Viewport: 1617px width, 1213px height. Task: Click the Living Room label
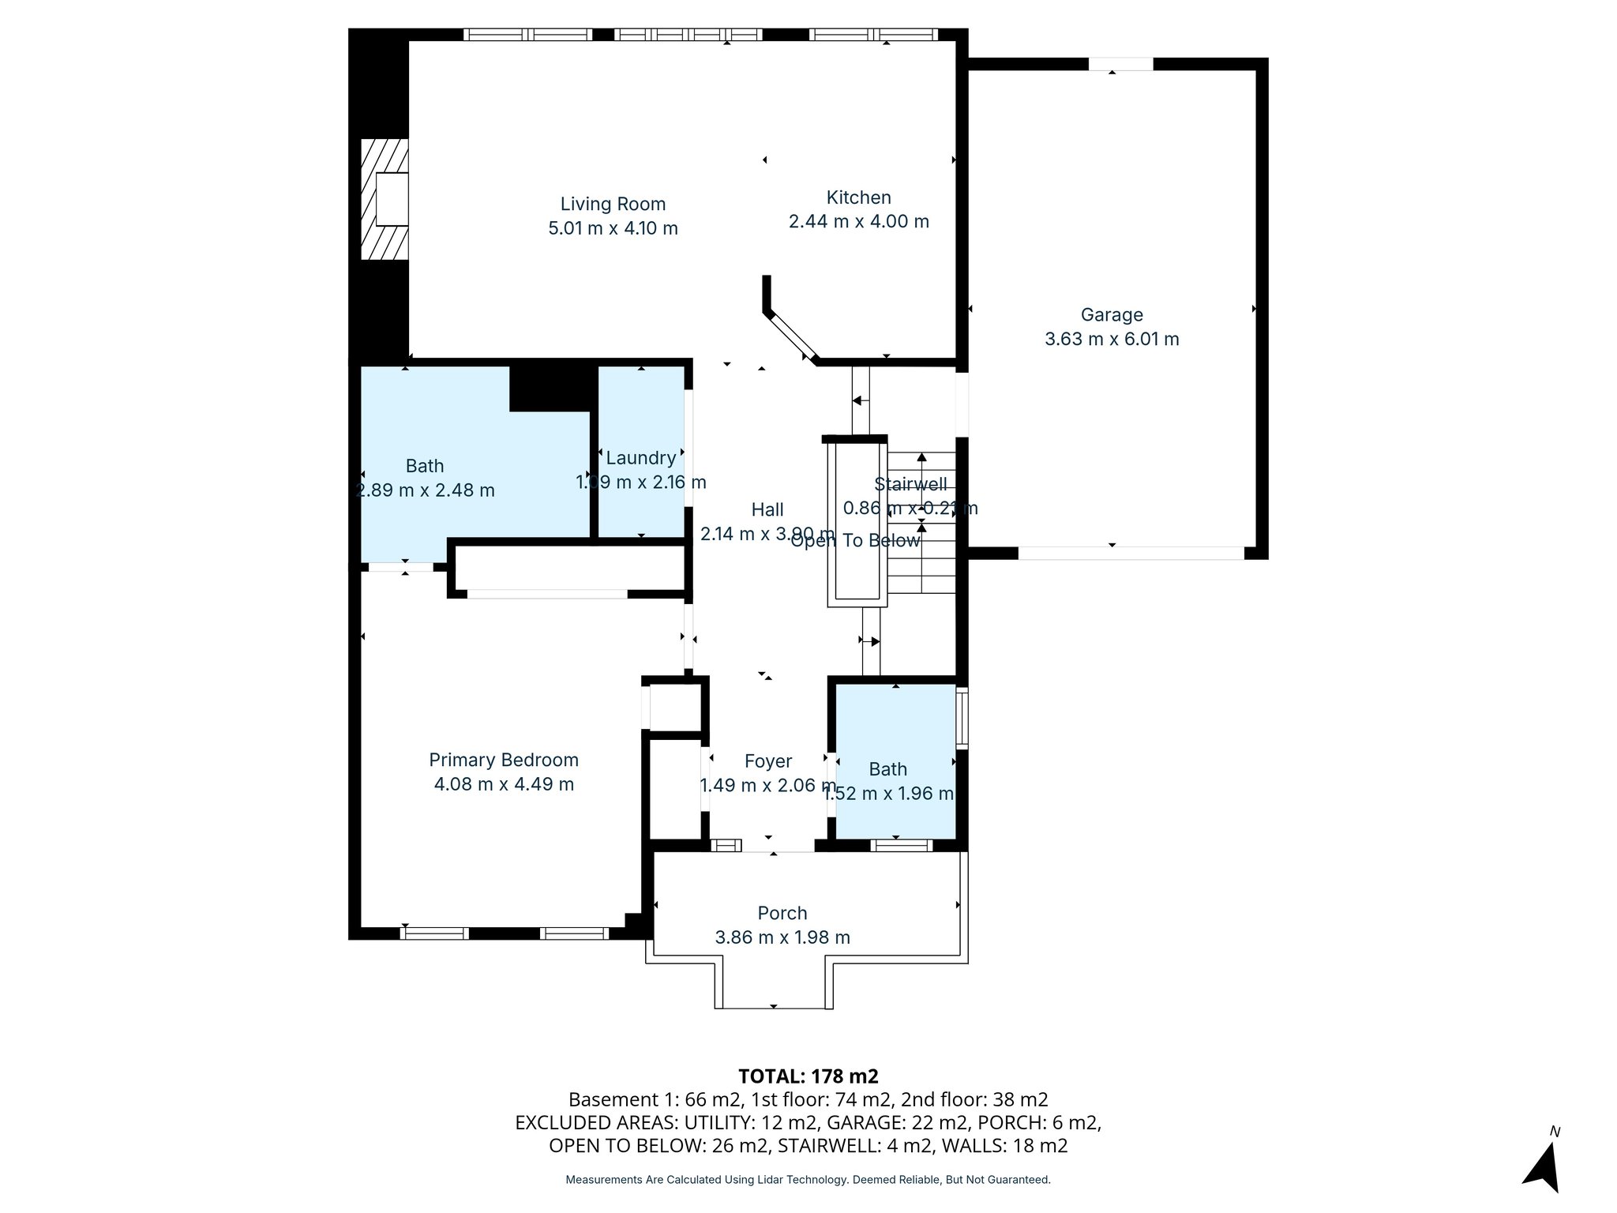click(x=613, y=204)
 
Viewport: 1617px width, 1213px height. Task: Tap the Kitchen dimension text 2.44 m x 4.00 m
click(x=858, y=222)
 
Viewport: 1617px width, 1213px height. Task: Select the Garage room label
click(x=1112, y=314)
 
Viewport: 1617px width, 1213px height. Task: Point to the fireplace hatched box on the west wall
click(x=385, y=199)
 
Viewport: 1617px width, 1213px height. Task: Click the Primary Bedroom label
click(x=504, y=760)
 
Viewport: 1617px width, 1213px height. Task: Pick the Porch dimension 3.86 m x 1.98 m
click(x=782, y=937)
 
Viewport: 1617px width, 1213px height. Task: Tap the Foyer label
click(x=767, y=761)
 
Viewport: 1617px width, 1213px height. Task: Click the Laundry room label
click(x=640, y=458)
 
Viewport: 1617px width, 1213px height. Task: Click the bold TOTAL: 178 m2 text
click(x=808, y=1076)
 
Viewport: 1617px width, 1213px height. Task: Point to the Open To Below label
click(x=855, y=541)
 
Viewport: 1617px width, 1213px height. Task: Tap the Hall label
click(x=767, y=509)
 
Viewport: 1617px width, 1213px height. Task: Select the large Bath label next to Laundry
click(x=425, y=466)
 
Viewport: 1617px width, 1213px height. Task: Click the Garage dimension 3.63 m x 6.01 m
click(x=1112, y=340)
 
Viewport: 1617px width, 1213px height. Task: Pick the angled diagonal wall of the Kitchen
click(x=792, y=336)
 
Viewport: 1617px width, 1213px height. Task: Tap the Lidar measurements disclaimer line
click(x=808, y=1180)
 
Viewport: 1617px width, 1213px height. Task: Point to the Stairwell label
click(x=910, y=484)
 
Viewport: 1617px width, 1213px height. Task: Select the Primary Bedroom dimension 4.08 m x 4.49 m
click(x=504, y=784)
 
